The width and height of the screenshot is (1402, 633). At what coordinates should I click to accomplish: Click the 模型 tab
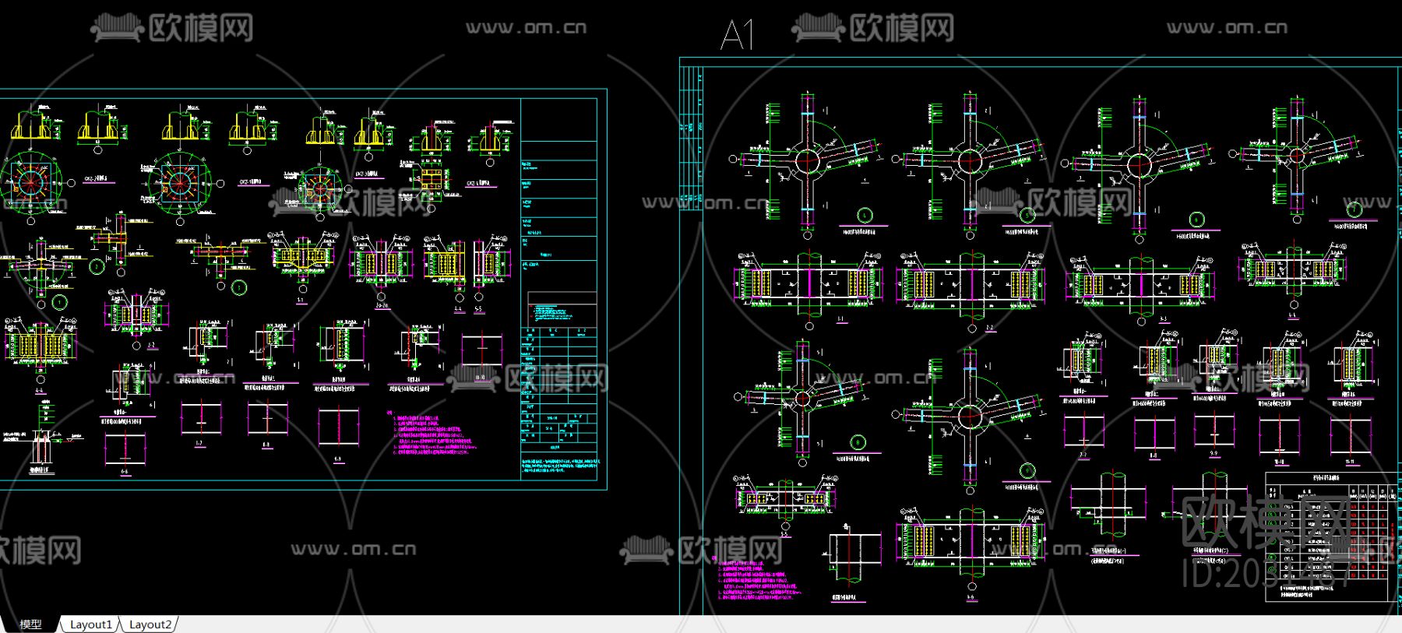pos(30,624)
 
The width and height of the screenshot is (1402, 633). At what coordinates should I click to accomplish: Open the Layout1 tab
pos(90,624)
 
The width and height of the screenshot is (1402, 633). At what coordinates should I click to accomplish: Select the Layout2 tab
pos(150,624)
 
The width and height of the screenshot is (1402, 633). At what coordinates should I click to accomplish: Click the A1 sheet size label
pos(737,35)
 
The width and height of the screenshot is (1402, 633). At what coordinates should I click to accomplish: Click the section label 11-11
pos(1350,461)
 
